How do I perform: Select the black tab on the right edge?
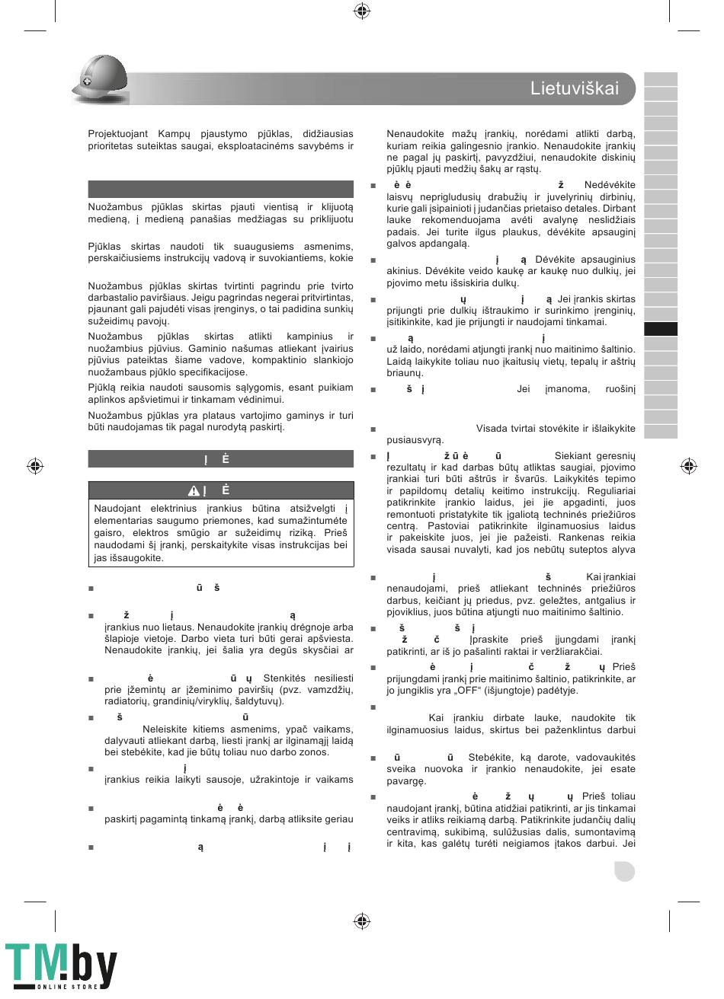point(660,330)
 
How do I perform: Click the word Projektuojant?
point(118,133)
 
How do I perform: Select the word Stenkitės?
point(287,678)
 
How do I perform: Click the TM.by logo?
point(61,965)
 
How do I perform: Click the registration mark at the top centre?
point(362,11)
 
